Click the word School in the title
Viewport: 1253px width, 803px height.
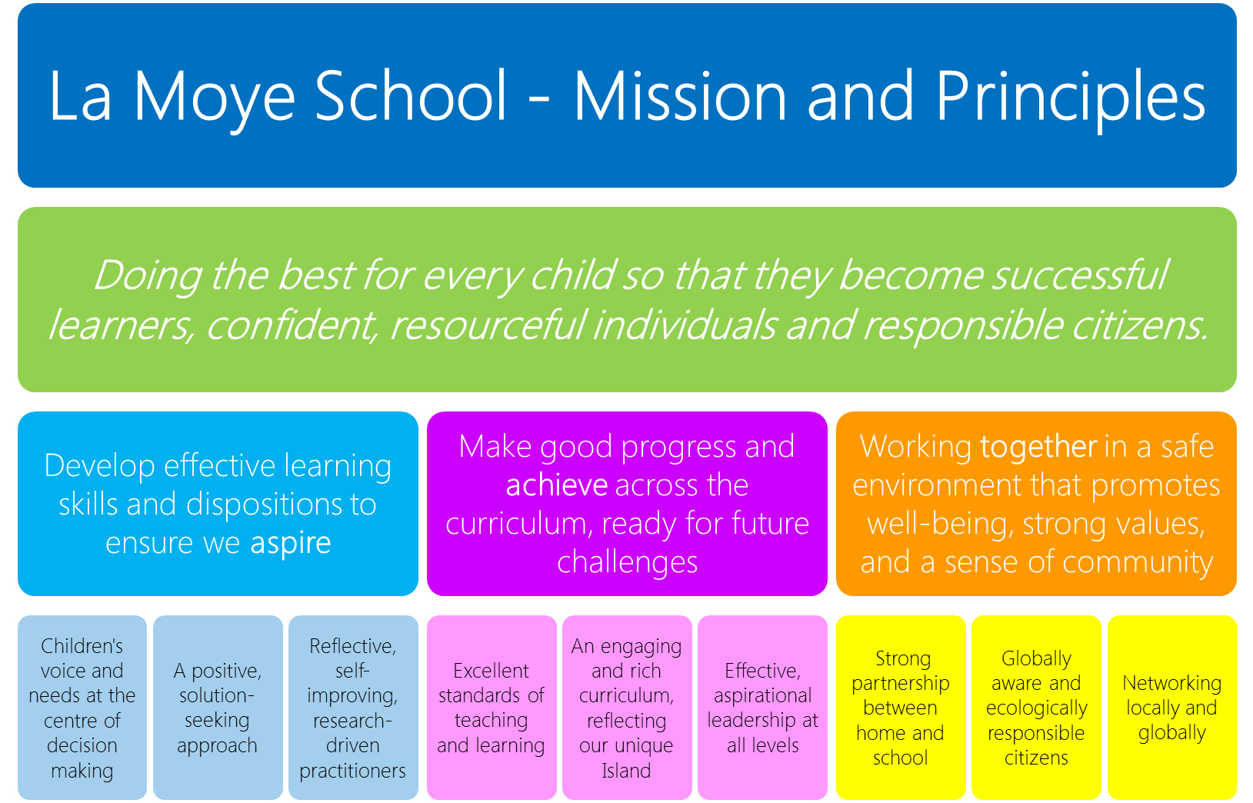(x=411, y=95)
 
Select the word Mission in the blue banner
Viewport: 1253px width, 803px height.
(x=681, y=95)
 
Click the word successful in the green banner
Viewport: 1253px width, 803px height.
(x=1080, y=275)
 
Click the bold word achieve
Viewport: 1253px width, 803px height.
(x=557, y=485)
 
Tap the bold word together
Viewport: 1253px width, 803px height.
(x=1038, y=446)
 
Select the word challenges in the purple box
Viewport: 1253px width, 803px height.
(x=627, y=562)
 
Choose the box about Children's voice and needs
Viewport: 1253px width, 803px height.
(x=82, y=708)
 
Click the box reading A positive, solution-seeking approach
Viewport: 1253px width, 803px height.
(x=218, y=708)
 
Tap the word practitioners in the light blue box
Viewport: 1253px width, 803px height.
(x=352, y=771)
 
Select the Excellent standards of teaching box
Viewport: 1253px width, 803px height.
(x=492, y=708)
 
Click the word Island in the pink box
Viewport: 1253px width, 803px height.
(x=626, y=771)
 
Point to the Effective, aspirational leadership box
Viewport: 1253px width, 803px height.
(x=762, y=708)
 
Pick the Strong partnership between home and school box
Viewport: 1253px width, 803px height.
(x=901, y=708)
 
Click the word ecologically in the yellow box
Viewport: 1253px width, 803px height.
(x=1037, y=708)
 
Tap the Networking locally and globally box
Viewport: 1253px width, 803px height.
(x=1172, y=708)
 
